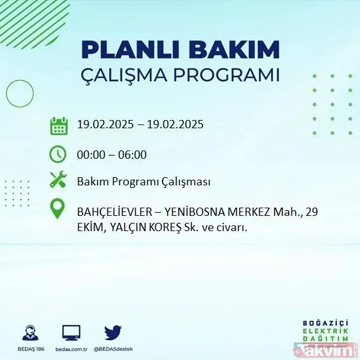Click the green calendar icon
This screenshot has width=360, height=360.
(58, 125)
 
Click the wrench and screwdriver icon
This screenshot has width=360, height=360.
(58, 180)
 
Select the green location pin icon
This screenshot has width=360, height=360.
(58, 210)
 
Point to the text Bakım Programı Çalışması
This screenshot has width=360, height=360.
(143, 182)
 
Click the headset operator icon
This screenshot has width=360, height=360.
(29, 333)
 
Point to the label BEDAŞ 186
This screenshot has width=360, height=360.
(29, 349)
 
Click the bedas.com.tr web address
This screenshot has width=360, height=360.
(71, 349)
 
